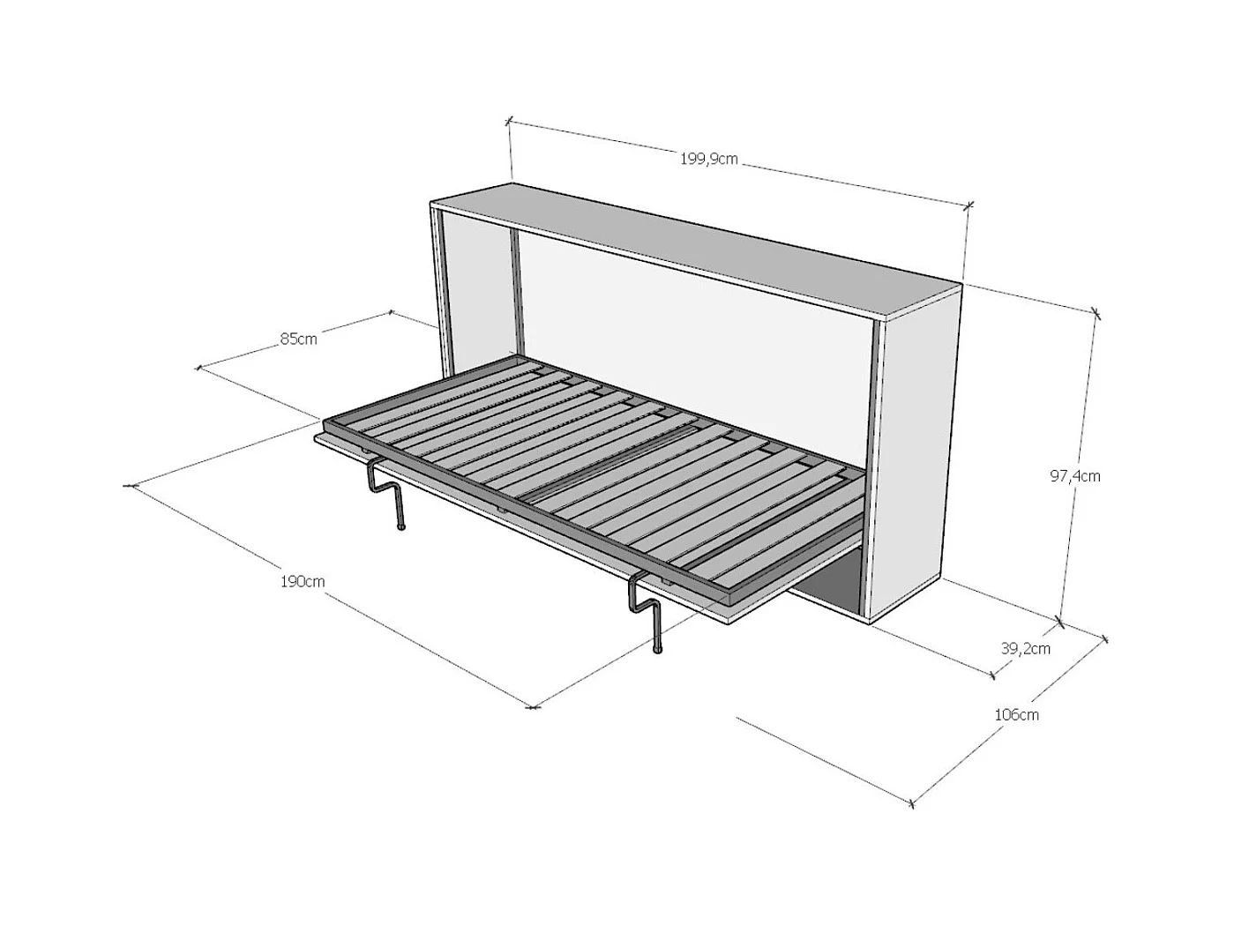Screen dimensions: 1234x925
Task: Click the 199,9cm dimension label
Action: coord(708,159)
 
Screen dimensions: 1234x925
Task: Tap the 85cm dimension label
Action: coord(299,339)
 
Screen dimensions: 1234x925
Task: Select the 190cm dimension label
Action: coord(303,581)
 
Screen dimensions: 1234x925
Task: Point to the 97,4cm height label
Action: coord(1074,476)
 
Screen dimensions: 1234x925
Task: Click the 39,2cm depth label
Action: coord(1025,648)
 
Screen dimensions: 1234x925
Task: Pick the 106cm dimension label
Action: coord(1016,714)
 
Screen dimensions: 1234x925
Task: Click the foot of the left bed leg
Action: coord(400,527)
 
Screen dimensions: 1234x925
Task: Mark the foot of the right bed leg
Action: coord(657,652)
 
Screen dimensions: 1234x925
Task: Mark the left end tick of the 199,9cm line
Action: coord(508,120)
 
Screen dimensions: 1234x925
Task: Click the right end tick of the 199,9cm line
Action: coord(969,206)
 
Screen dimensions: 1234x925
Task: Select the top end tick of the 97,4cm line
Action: coord(1096,312)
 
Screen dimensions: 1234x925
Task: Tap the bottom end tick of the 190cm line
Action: coord(532,706)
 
